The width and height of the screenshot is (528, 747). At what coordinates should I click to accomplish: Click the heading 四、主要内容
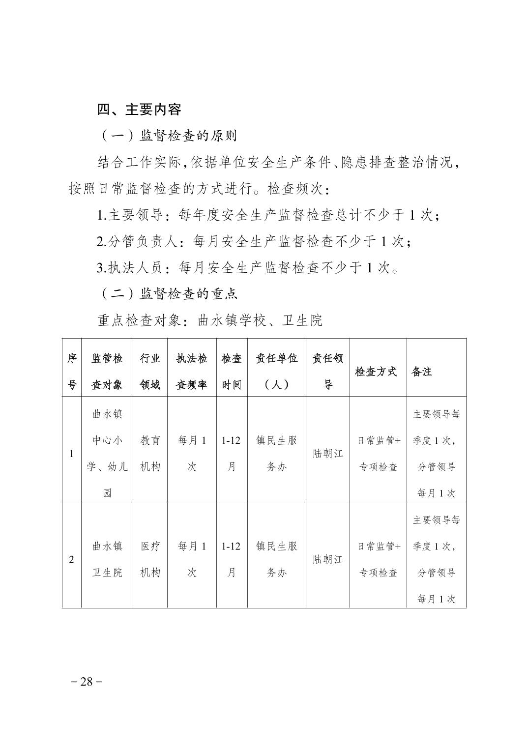tap(139, 109)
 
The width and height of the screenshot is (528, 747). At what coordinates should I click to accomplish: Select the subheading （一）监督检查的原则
tap(168, 136)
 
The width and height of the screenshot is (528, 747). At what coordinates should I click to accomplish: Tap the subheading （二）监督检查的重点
tap(169, 294)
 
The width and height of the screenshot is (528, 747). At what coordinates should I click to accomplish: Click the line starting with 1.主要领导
tap(268, 215)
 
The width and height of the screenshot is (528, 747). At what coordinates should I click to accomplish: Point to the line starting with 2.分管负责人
tap(254, 241)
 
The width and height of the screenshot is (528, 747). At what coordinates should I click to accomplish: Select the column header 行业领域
tap(150, 372)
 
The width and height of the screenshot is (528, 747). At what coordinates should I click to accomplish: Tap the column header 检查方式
tap(376, 372)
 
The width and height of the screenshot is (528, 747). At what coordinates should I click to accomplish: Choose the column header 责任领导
tap(328, 372)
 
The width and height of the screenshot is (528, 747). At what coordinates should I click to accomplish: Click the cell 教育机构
tap(150, 453)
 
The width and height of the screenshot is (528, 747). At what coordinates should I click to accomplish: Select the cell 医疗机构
tap(150, 559)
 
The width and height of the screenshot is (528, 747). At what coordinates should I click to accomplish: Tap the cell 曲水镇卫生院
tap(107, 559)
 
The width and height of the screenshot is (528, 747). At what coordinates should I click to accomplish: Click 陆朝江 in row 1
tap(328, 453)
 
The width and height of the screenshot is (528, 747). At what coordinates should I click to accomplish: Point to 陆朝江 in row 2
tap(328, 559)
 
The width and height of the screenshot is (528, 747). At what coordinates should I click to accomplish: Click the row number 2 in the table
tap(72, 559)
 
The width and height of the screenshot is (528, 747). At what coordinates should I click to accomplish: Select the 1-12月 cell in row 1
tap(231, 453)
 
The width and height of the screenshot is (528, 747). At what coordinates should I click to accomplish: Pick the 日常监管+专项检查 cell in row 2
tap(378, 559)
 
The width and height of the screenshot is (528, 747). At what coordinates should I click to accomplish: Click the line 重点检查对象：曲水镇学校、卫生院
tap(210, 320)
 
